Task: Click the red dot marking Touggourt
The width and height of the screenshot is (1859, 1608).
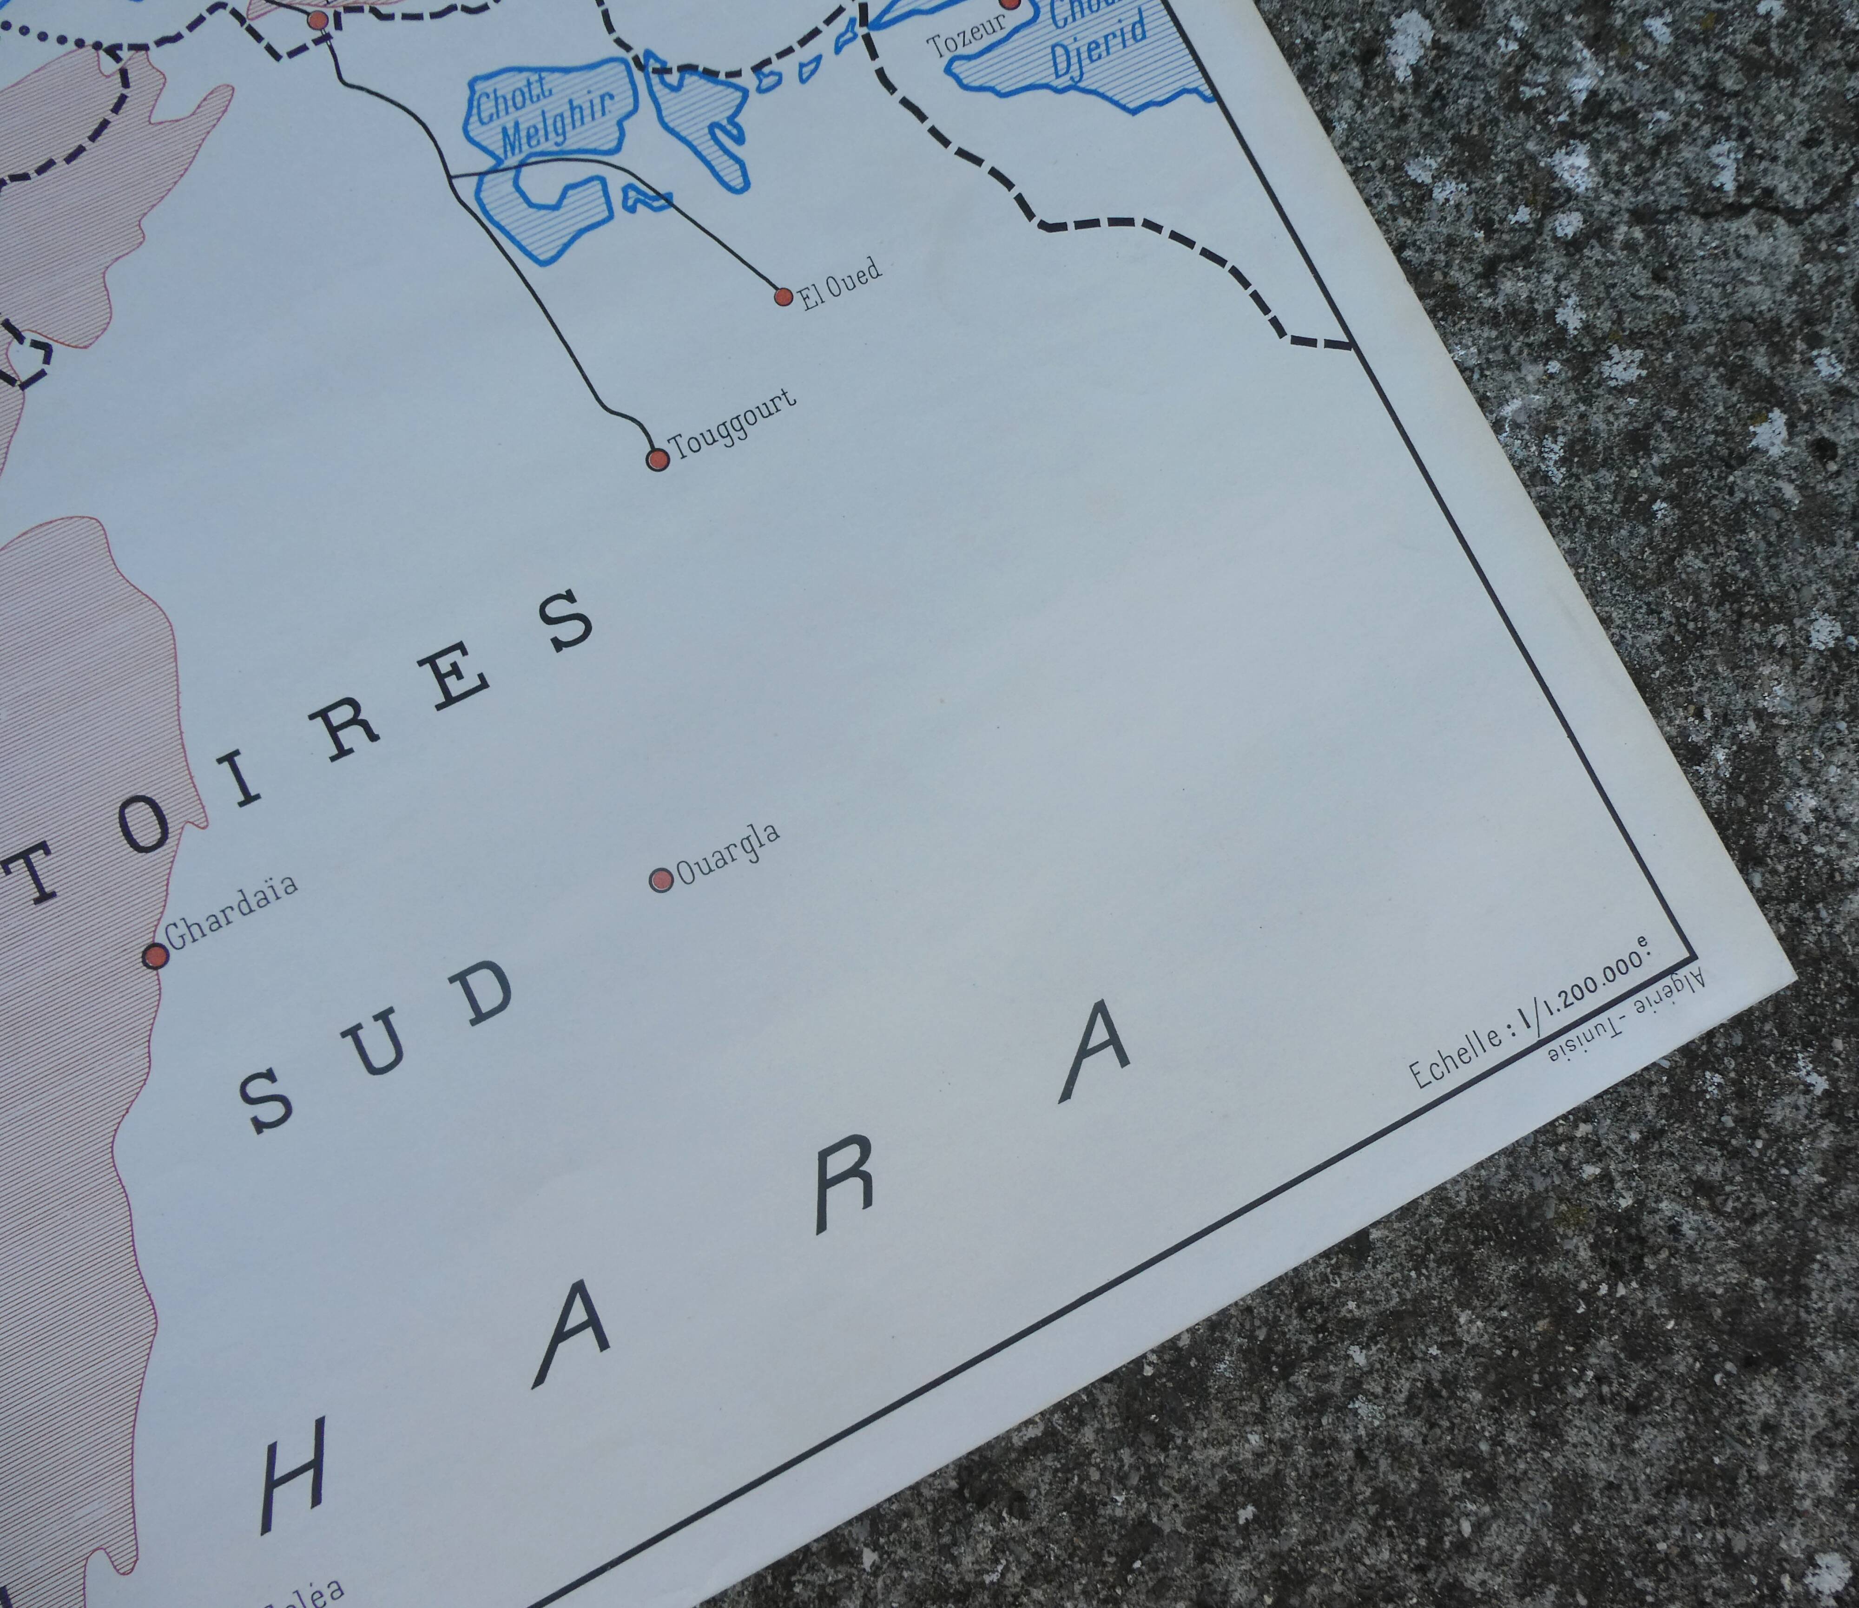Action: click(658, 459)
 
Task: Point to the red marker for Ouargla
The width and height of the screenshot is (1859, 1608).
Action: click(661, 879)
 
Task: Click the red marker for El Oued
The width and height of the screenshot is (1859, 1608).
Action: click(783, 296)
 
